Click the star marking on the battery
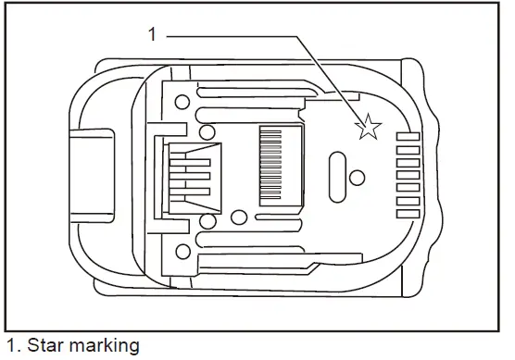368,128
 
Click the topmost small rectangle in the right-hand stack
408,136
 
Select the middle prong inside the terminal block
191,173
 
